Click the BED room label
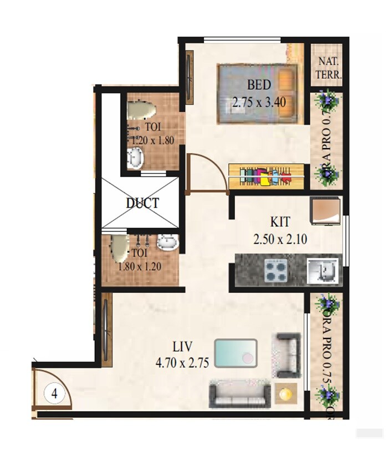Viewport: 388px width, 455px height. click(x=259, y=85)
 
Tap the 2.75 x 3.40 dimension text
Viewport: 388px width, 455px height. click(x=259, y=102)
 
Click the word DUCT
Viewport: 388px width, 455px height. click(x=142, y=203)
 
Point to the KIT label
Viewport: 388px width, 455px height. click(x=280, y=222)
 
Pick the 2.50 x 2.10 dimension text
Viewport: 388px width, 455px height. click(x=281, y=240)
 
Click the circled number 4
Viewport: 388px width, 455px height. click(x=54, y=394)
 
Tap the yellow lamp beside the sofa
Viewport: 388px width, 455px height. click(x=286, y=393)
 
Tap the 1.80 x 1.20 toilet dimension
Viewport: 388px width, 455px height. click(x=140, y=266)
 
